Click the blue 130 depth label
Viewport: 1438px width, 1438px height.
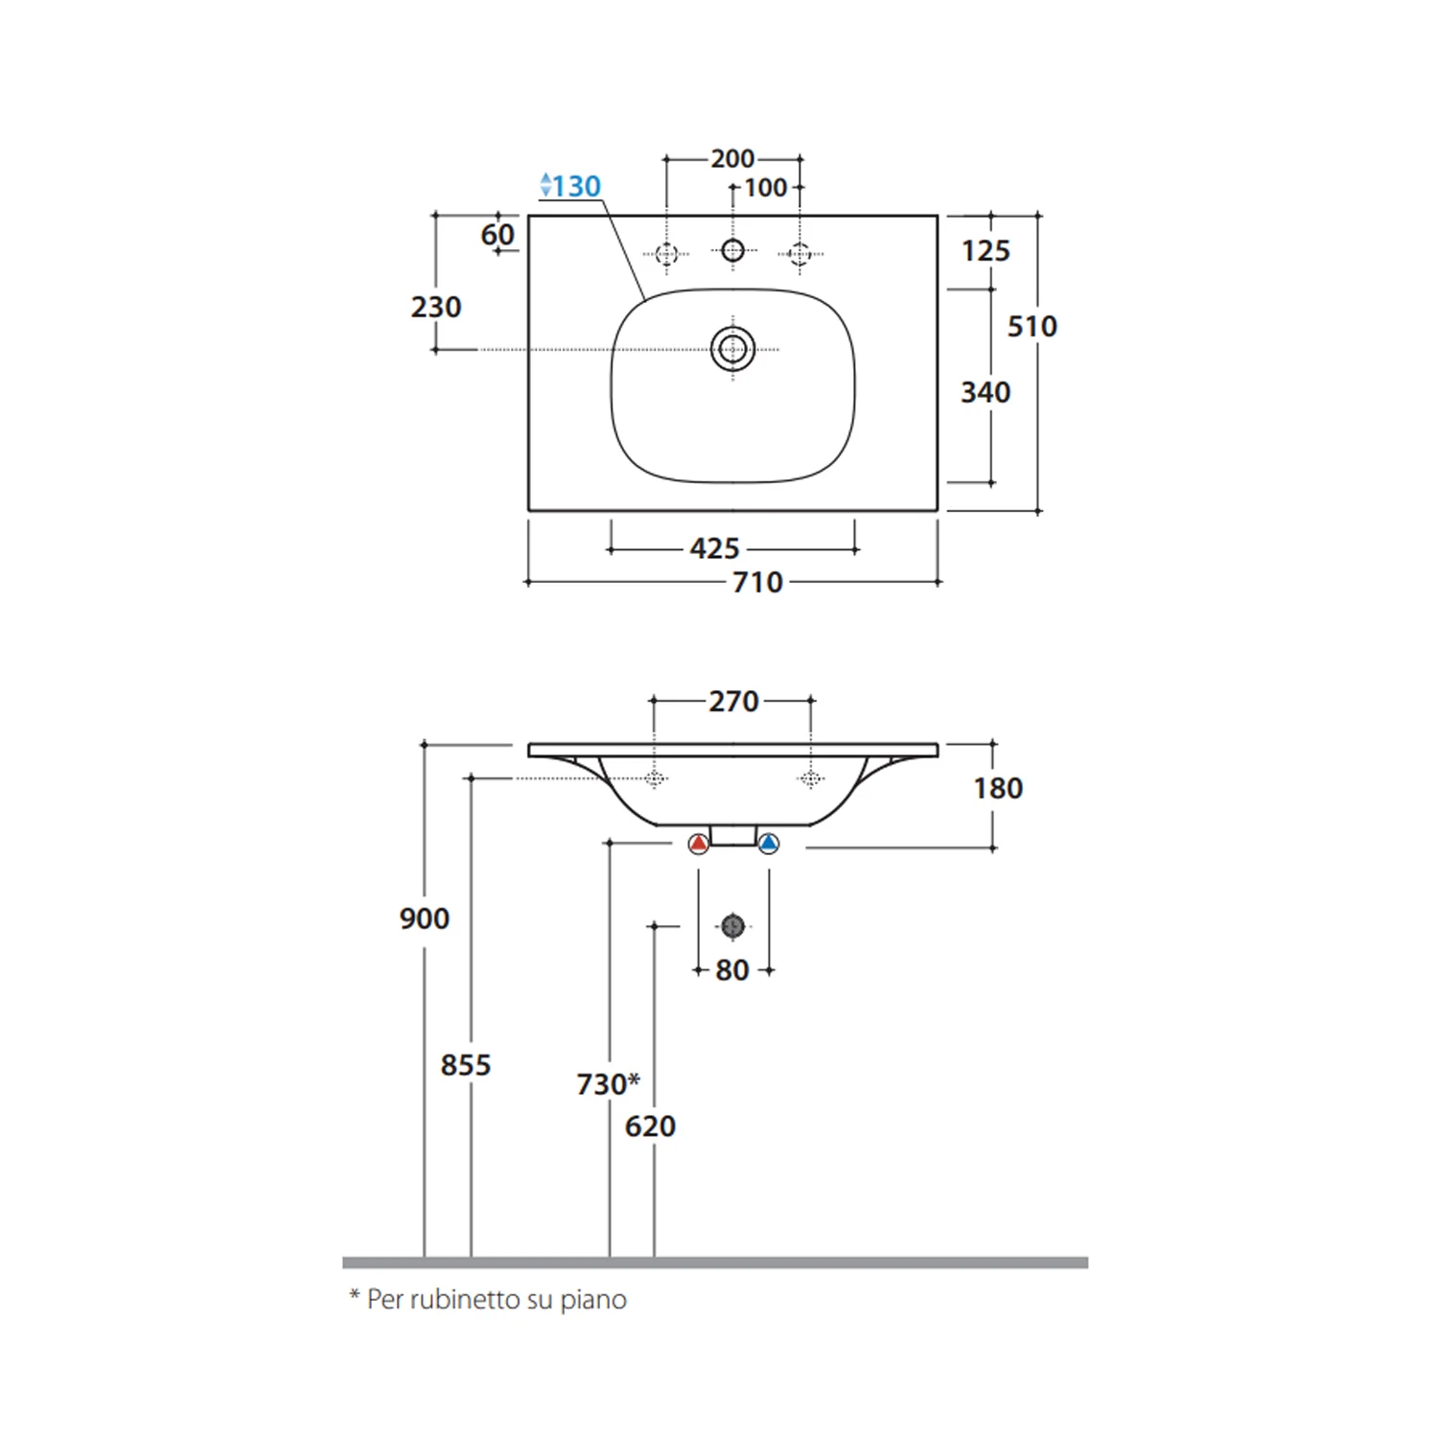[x=570, y=185]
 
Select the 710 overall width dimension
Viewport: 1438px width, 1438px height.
[x=757, y=582]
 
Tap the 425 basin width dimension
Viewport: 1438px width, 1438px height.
[x=714, y=548]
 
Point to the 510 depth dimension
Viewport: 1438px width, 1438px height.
[x=1032, y=326]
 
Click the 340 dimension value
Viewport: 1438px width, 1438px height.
[x=986, y=392]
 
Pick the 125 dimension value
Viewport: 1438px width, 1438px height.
[x=986, y=250]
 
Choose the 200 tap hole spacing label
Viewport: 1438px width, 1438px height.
[x=732, y=158]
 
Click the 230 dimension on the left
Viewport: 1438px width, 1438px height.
[x=436, y=307]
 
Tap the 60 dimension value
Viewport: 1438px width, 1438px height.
[x=498, y=234]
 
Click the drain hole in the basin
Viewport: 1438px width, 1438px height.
[x=732, y=348]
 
